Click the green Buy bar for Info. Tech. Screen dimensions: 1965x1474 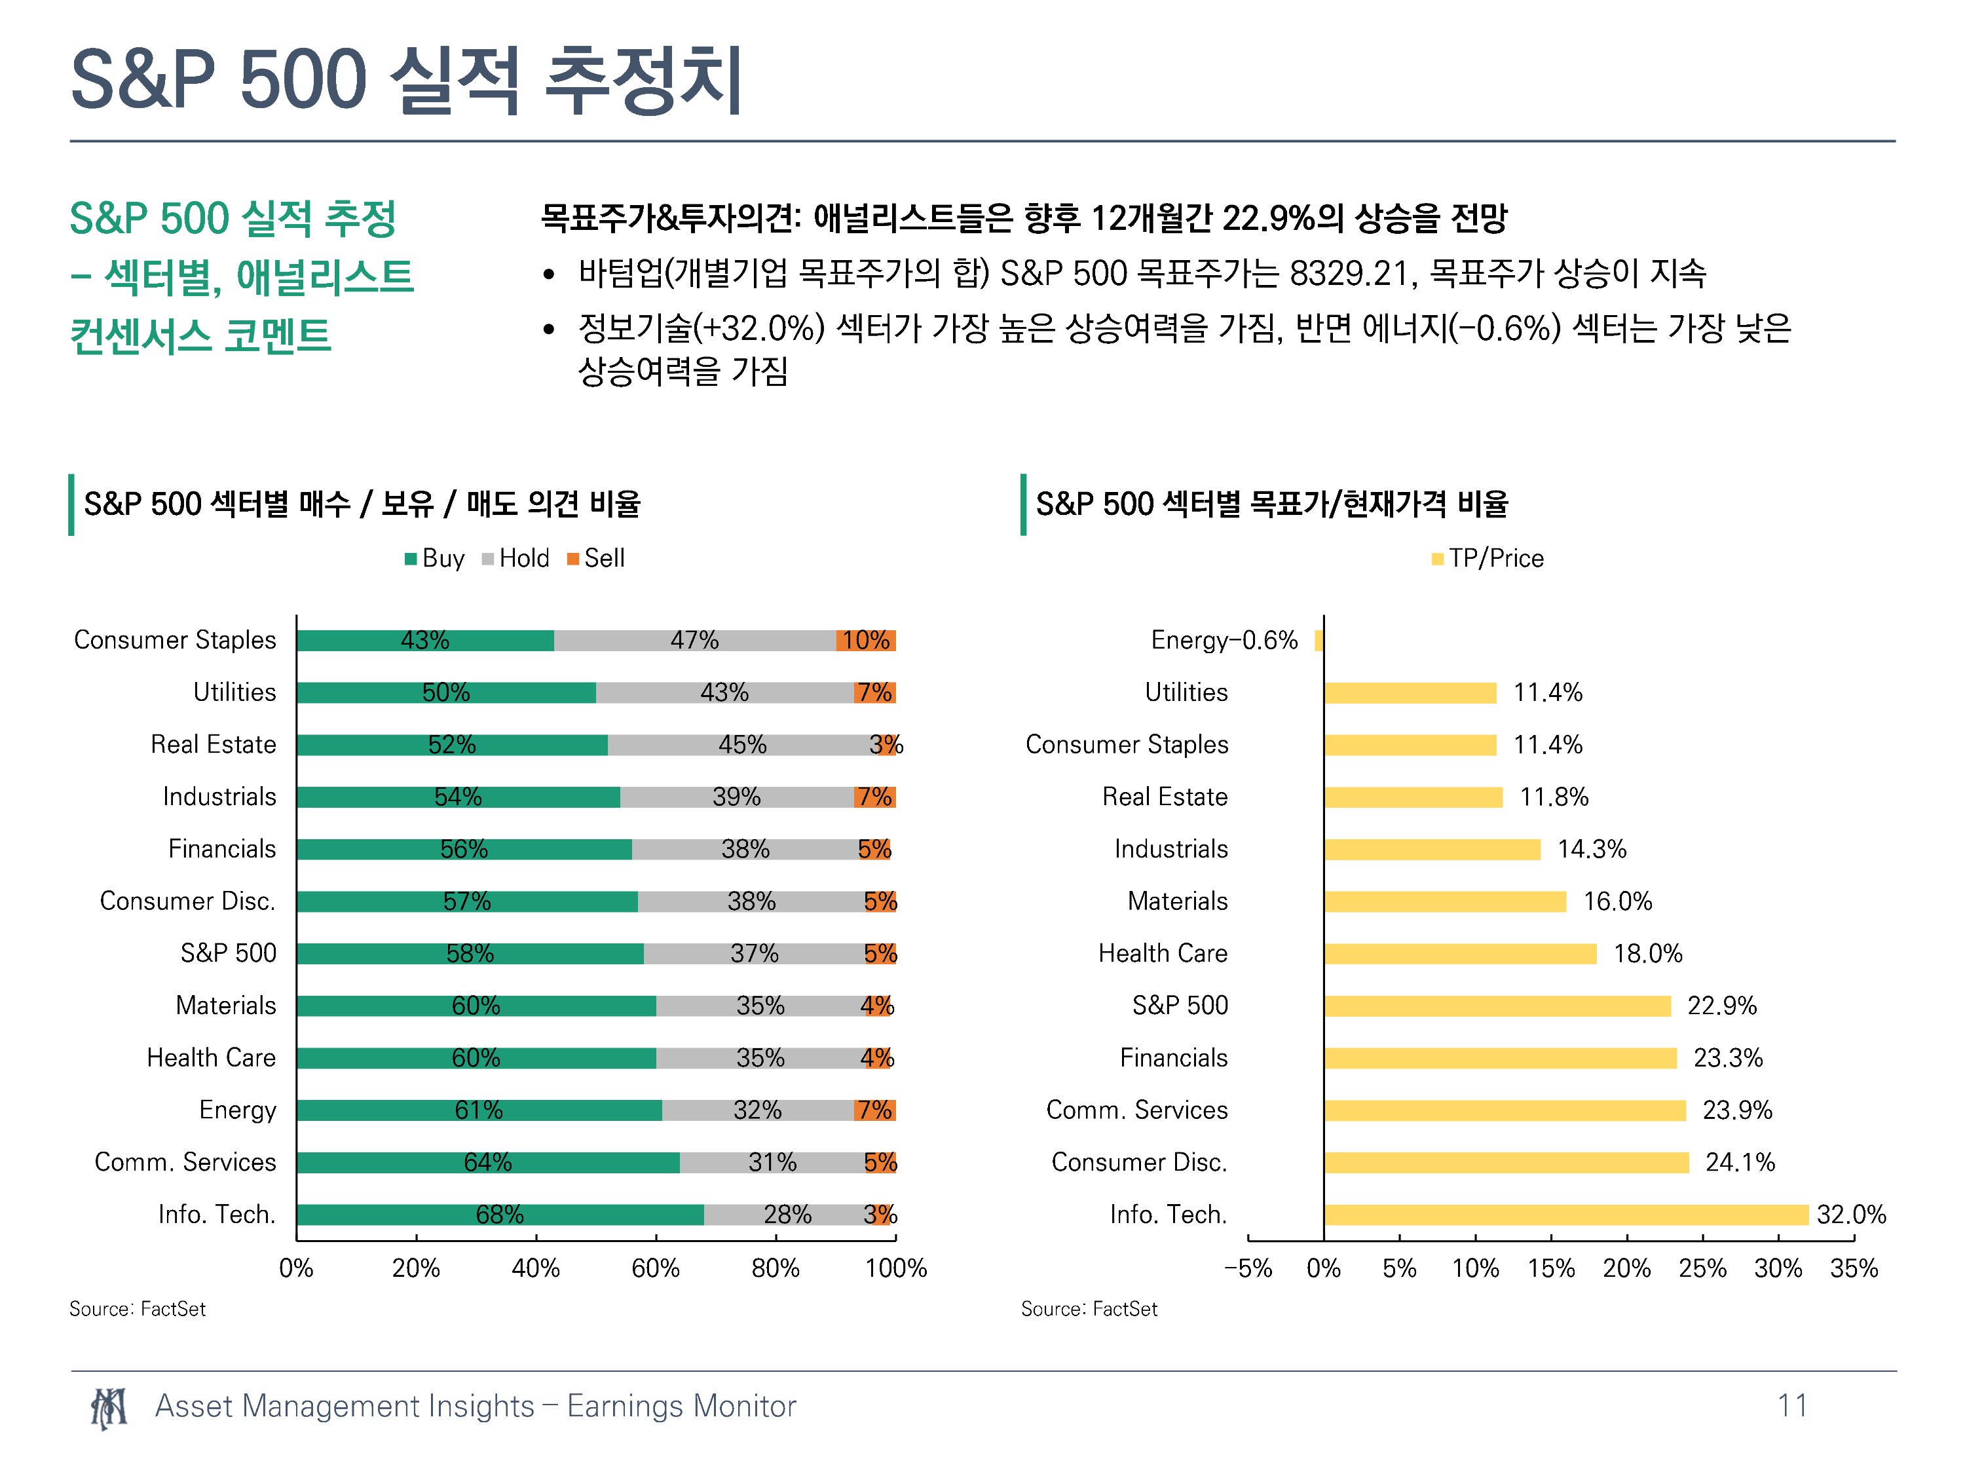point(500,1215)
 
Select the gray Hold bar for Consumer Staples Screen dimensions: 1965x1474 point(695,639)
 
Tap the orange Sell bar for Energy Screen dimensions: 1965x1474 point(875,1110)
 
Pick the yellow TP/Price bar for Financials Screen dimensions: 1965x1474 point(1501,1057)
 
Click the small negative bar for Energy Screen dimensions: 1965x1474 point(1319,639)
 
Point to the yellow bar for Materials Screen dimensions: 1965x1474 point(1446,901)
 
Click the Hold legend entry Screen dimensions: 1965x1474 point(515,558)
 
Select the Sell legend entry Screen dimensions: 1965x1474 point(596,558)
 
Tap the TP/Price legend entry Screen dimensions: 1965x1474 point(1488,558)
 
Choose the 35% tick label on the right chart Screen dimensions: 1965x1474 point(1854,1268)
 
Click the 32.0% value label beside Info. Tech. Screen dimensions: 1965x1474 point(1851,1215)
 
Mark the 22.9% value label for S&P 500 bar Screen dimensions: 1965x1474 point(1721,1005)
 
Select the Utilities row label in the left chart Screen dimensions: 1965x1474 point(234,692)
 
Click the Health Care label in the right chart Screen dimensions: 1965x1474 point(1163,953)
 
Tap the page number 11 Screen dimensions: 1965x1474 point(1792,1406)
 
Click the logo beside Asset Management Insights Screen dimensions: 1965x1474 point(109,1407)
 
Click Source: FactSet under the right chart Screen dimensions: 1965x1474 point(1089,1309)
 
